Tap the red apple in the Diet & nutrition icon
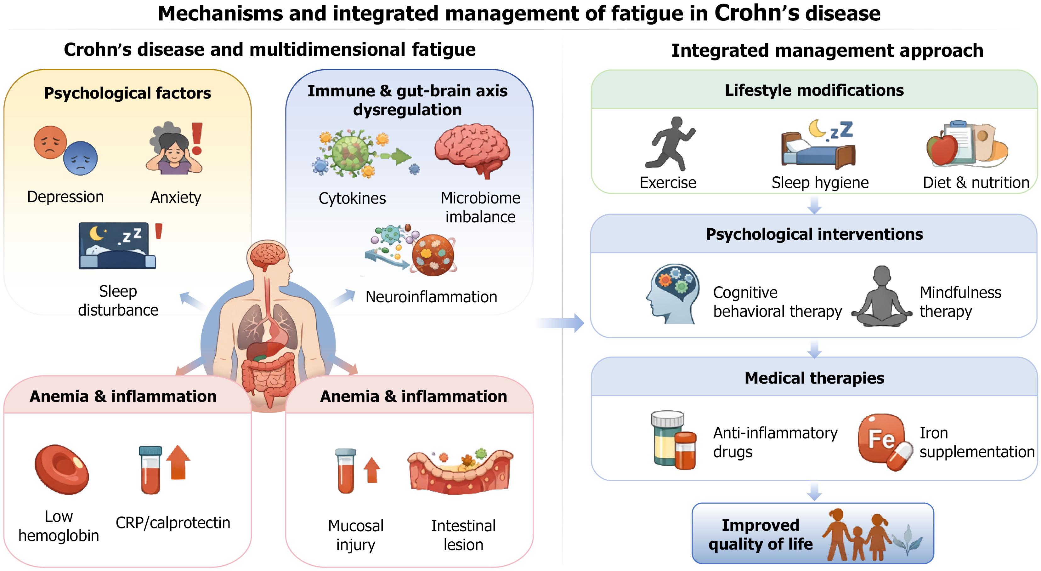943,150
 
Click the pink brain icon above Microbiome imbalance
472,150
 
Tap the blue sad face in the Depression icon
80,158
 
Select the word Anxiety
176,198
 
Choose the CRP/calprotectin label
173,523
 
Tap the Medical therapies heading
814,378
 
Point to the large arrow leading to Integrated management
561,323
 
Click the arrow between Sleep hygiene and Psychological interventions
814,205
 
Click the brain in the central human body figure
268,255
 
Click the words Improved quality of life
761,534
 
